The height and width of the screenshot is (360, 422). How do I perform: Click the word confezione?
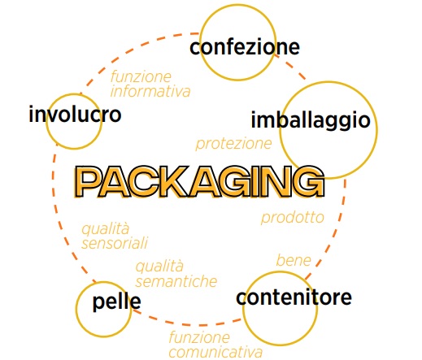pos(245,47)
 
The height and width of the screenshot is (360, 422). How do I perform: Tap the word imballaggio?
pos(311,120)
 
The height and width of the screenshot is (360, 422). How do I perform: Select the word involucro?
pos(75,114)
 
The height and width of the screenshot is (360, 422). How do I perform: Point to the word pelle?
pos(117,301)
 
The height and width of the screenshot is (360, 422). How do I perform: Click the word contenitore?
pos(294,297)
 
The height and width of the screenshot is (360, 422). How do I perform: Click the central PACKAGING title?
pos(199,182)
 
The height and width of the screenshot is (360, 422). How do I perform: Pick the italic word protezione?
pos(233,144)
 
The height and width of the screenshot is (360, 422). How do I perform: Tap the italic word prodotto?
pos(293,218)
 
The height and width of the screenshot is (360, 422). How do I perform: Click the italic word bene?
pos(294,261)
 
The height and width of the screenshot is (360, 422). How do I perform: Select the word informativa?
pos(150,91)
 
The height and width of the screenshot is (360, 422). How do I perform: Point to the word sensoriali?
pos(115,243)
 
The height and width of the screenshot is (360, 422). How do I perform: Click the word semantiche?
pos(176,281)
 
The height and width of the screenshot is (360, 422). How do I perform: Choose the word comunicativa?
pos(215,352)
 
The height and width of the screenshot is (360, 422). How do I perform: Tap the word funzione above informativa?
pos(141,76)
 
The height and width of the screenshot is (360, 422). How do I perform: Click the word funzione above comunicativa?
pos(199,337)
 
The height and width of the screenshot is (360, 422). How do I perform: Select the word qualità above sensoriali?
pos(106,230)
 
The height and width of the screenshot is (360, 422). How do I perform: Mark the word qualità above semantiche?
pos(159,267)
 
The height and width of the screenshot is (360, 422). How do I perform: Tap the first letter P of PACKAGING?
pos(89,182)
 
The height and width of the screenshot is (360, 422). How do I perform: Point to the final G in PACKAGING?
pos(309,182)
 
